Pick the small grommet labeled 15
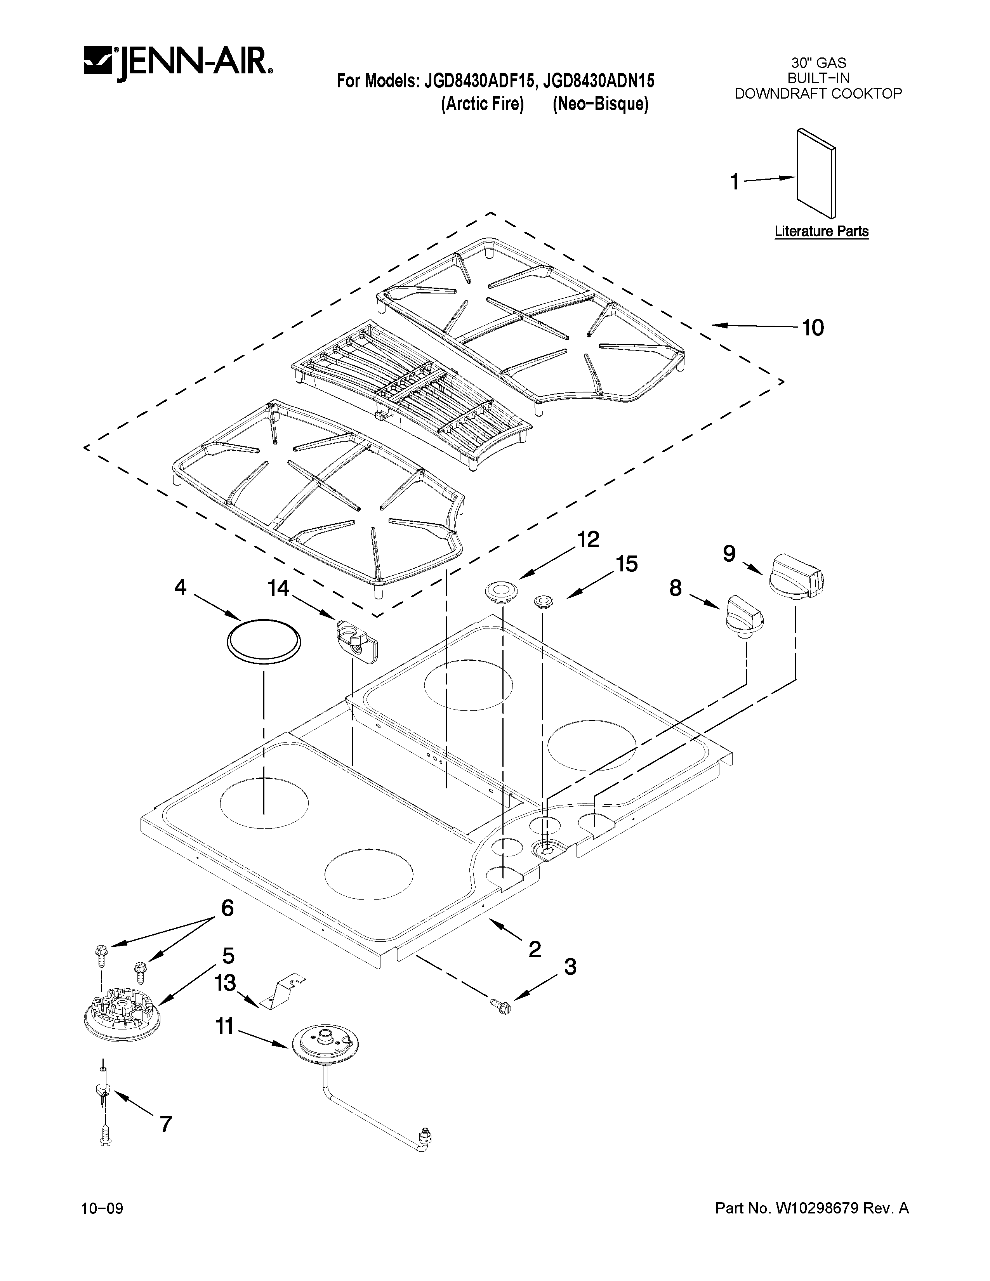(543, 602)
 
